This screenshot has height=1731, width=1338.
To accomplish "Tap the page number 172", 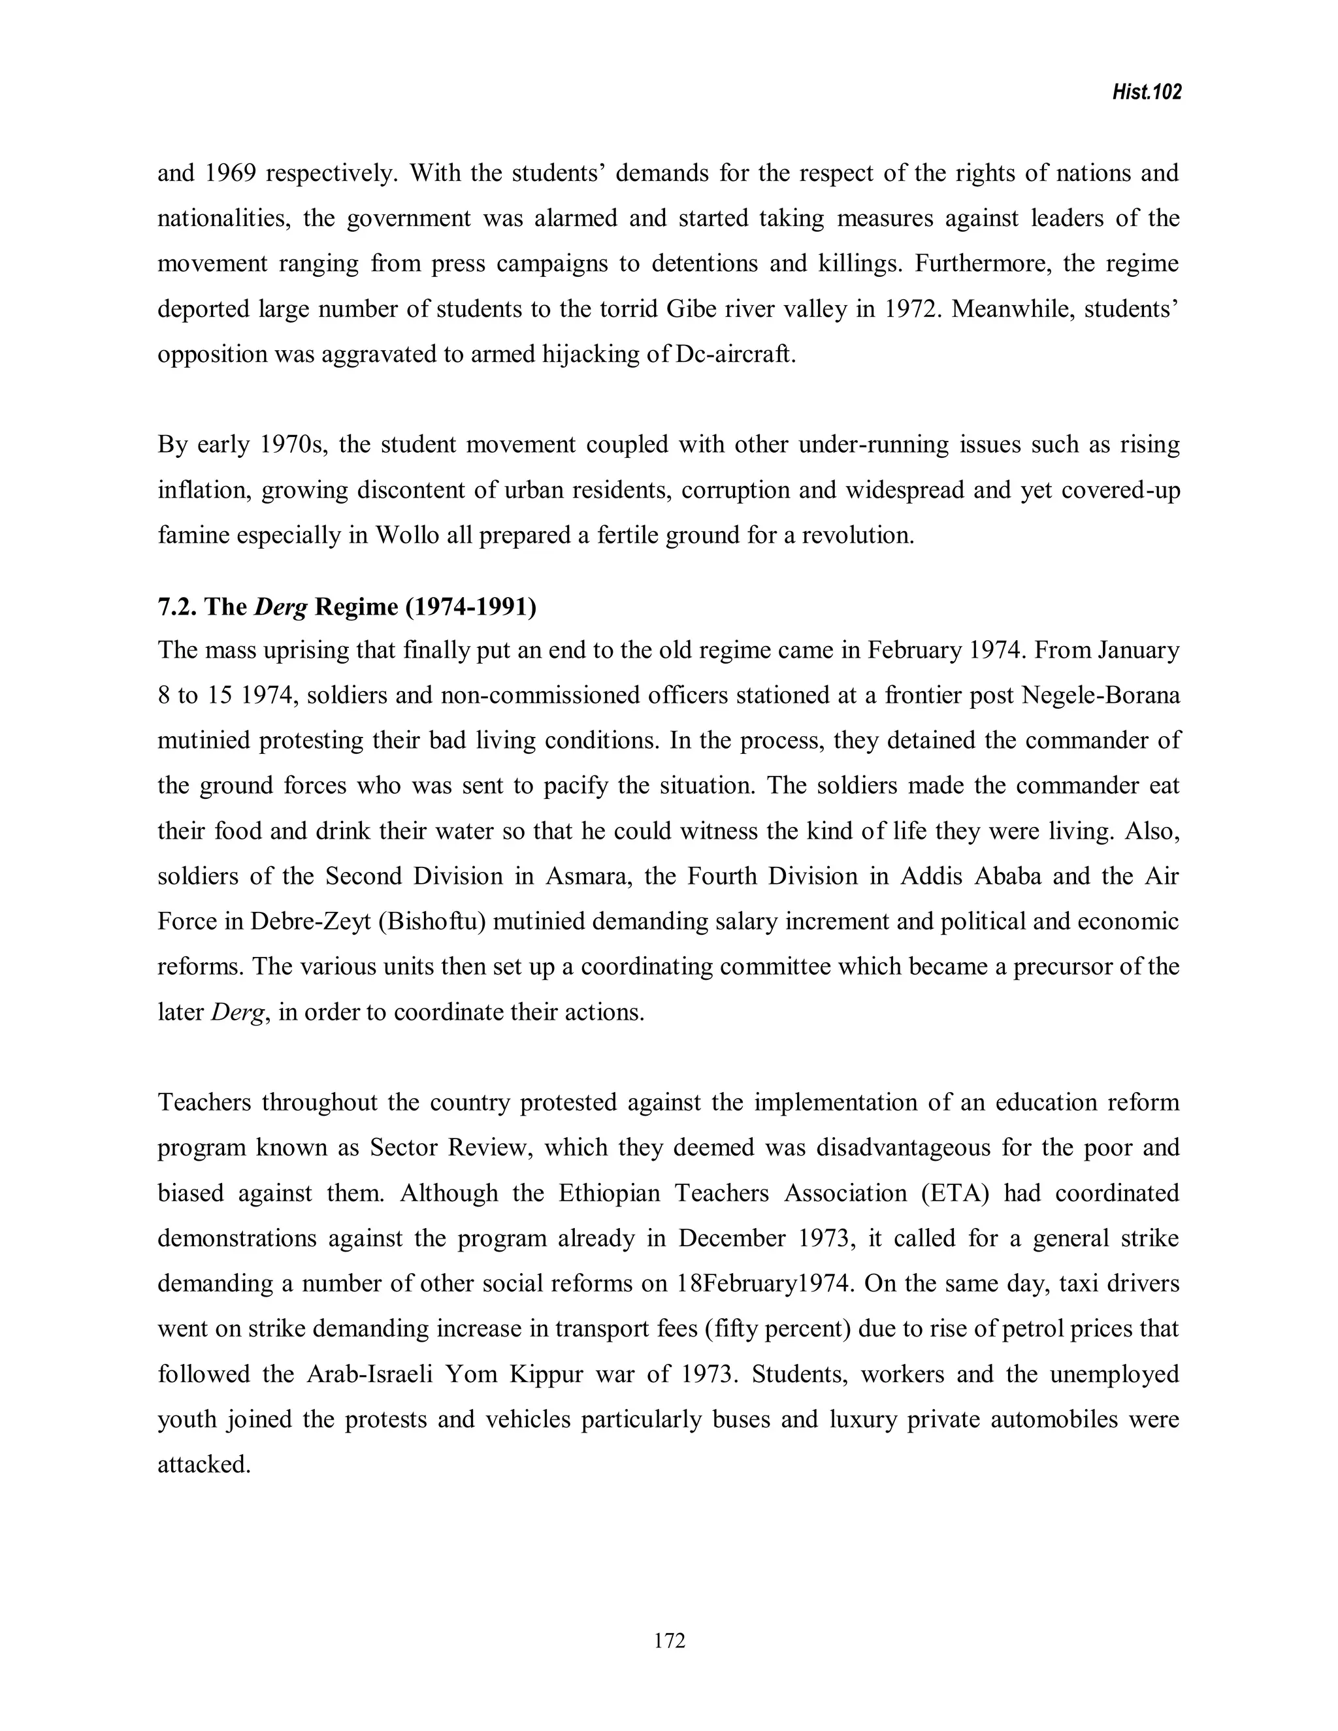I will pyautogui.click(x=669, y=1641).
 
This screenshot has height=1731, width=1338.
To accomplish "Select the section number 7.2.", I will pyautogui.click(x=178, y=607).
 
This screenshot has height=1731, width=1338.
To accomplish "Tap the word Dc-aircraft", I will pyautogui.click(x=735, y=353).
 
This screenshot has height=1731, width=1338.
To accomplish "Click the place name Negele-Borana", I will pyautogui.click(x=1100, y=695).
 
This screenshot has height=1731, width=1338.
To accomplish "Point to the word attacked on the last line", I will pyautogui.click(x=204, y=1464).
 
